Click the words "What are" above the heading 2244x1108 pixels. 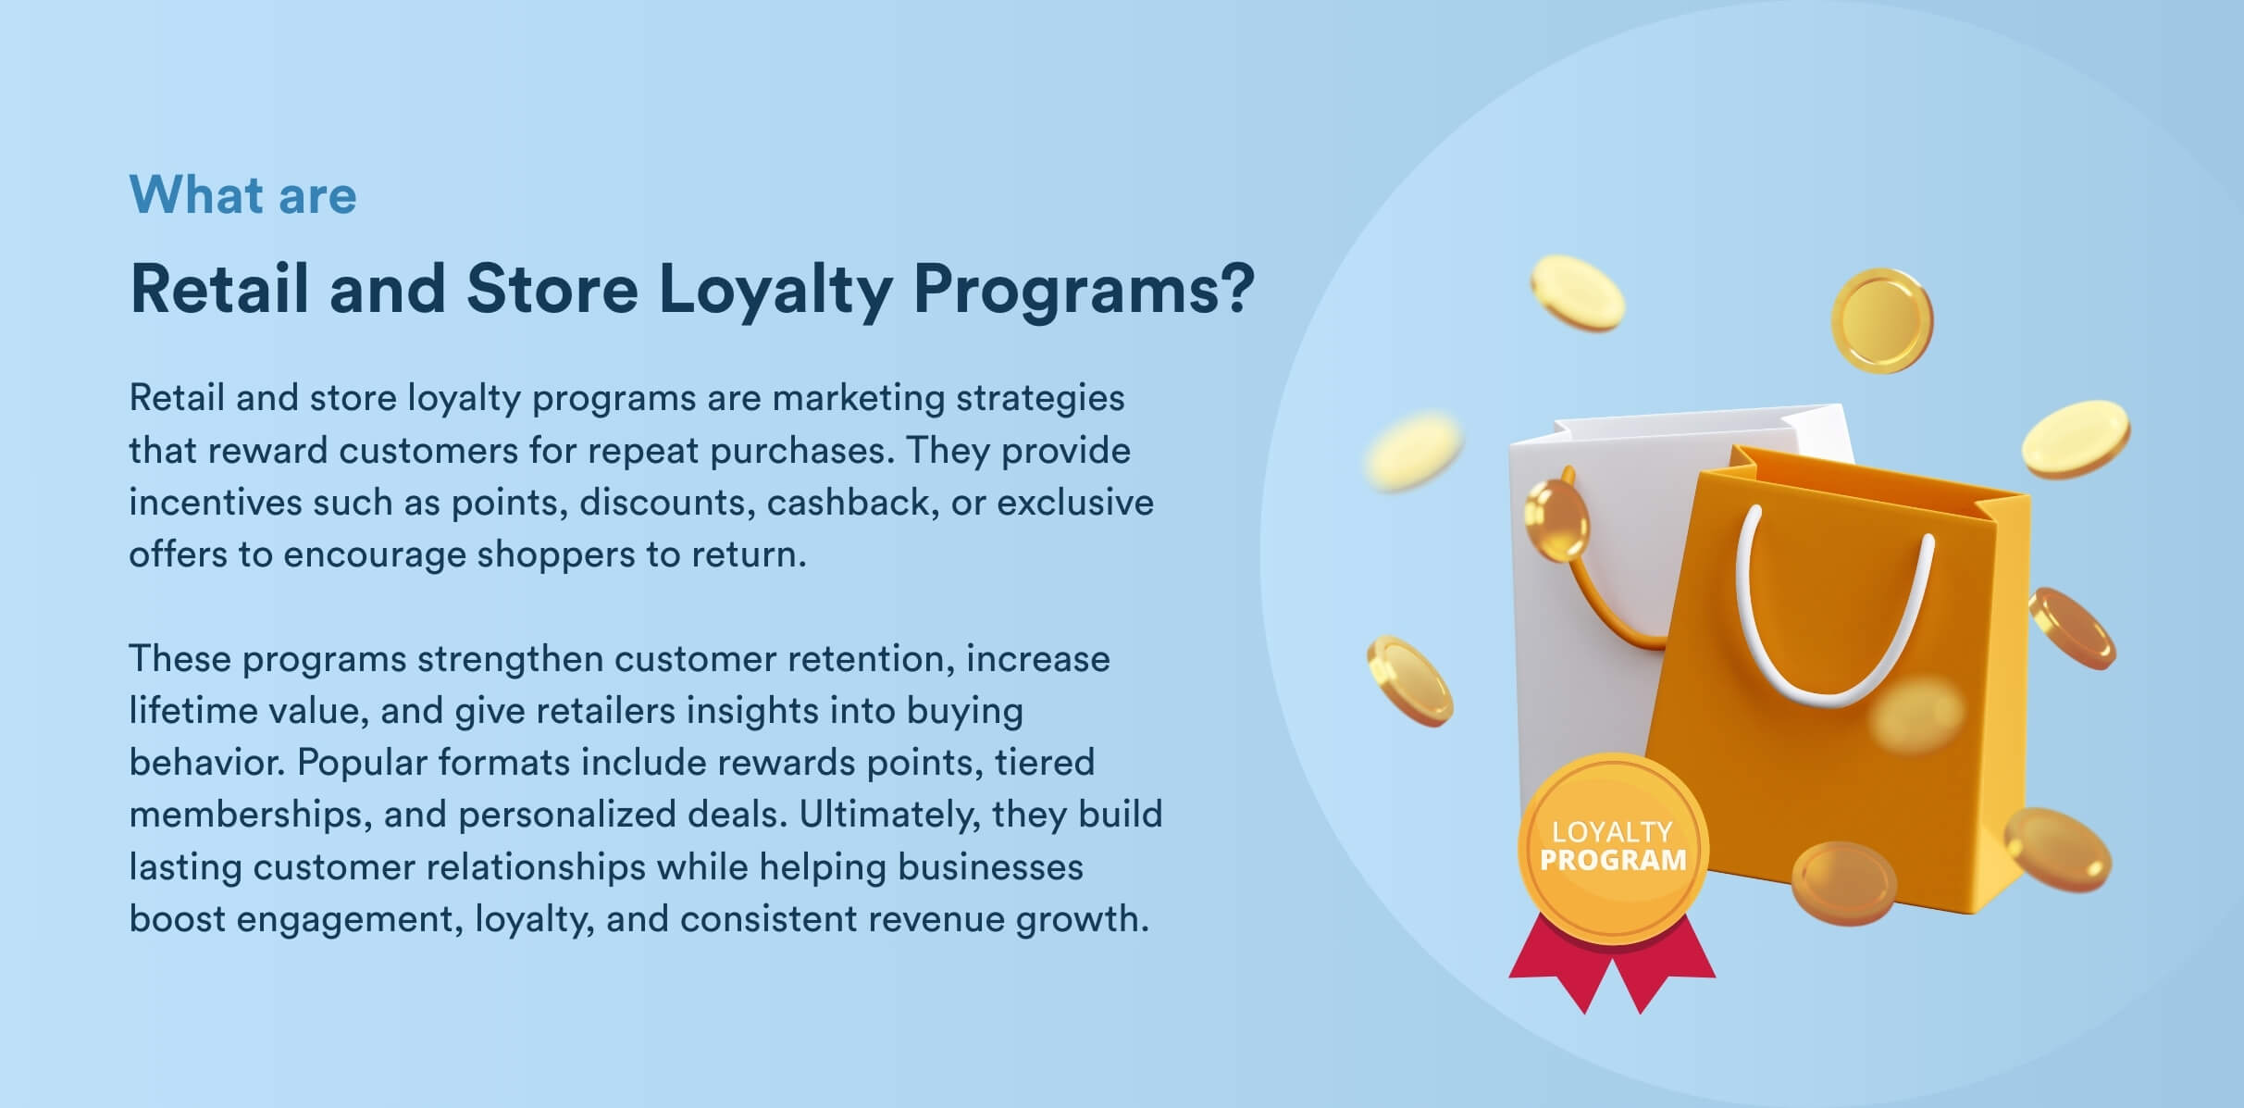point(242,195)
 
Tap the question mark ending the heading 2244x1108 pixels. point(1235,288)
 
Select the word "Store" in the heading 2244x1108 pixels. point(552,288)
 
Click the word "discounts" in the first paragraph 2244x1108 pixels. point(665,502)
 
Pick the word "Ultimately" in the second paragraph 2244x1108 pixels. point(889,815)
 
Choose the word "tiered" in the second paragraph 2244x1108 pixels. point(1045,763)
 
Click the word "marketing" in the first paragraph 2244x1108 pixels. point(858,399)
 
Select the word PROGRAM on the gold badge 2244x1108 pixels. point(1613,861)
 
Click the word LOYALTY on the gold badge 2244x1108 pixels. point(1612,832)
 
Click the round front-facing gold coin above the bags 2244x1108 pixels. point(1881,320)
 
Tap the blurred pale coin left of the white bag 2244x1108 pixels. point(1413,449)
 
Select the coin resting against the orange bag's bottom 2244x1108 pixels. point(1843,883)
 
